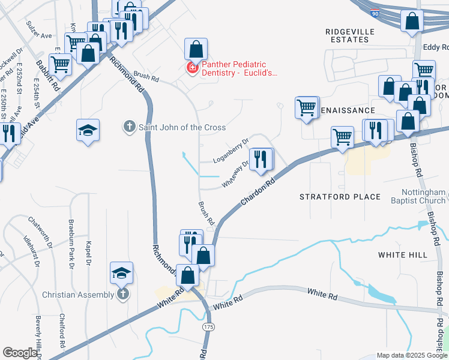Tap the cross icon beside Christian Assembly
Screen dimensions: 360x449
(122, 294)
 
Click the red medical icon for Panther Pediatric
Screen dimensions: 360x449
(193, 68)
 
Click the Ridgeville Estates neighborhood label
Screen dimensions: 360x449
(350, 35)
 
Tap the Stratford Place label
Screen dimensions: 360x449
(340, 197)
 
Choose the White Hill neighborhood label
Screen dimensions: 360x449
(403, 255)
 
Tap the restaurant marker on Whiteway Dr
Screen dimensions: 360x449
(260, 160)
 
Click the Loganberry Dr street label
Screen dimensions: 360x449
(231, 151)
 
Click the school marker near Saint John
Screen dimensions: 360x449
(88, 130)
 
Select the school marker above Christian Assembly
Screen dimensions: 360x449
(122, 272)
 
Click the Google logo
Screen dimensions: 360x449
(20, 353)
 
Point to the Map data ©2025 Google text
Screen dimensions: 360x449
(411, 355)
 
